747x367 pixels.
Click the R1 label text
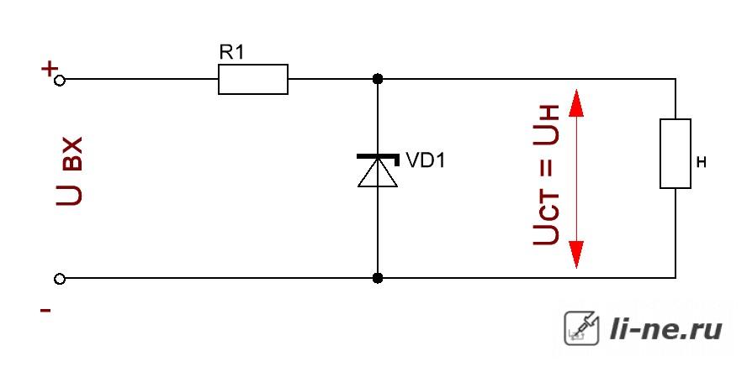coord(231,53)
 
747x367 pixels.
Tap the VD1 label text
coord(426,160)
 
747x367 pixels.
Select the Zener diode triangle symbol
coord(378,172)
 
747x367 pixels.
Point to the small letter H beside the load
coord(701,163)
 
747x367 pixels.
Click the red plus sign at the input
coord(49,70)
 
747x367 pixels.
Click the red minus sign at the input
coord(45,311)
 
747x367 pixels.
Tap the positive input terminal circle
coord(60,80)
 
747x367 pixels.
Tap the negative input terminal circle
coord(60,279)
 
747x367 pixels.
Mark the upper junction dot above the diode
coord(378,79)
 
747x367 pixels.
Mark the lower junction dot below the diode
coord(378,278)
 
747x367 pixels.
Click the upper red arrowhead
coord(576,102)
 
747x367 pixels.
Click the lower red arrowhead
coord(576,254)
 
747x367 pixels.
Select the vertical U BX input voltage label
coord(70,171)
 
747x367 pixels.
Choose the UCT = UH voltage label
coord(546,175)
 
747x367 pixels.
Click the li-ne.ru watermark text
coord(666,329)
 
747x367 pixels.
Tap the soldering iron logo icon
coord(581,328)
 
